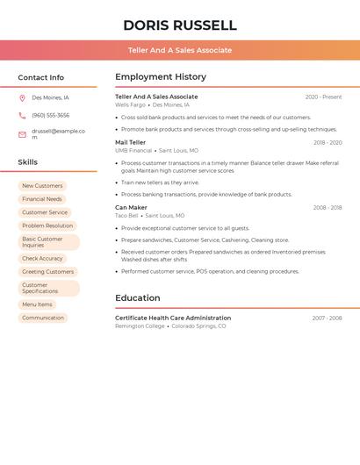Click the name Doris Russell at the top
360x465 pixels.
click(x=180, y=25)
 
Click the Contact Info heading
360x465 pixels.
click(x=40, y=77)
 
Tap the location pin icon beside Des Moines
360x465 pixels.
click(x=22, y=97)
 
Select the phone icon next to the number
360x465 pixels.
click(x=22, y=115)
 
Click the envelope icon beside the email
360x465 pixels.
click(x=22, y=134)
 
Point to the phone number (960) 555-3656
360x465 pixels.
click(x=50, y=115)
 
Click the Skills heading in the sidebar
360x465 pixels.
click(x=28, y=162)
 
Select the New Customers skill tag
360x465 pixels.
click(x=42, y=186)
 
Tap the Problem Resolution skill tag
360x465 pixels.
click(x=47, y=225)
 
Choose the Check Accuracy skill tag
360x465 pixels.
click(x=42, y=259)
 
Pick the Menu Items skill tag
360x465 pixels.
click(x=37, y=304)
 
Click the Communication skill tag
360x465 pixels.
click(x=43, y=318)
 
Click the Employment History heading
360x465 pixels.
click(x=161, y=77)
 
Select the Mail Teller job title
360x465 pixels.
click(x=131, y=142)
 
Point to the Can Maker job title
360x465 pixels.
click(x=131, y=208)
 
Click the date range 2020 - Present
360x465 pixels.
click(x=323, y=97)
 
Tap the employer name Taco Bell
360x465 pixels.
click(x=126, y=216)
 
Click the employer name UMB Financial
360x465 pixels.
click(x=133, y=150)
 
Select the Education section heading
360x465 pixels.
click(x=138, y=298)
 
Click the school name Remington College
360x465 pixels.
click(x=140, y=325)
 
